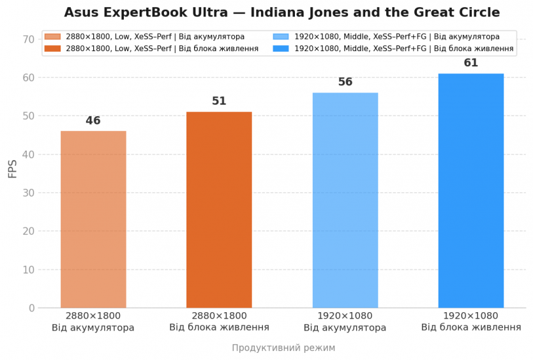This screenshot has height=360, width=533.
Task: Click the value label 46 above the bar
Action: point(93,121)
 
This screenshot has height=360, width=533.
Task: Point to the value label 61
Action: point(471,63)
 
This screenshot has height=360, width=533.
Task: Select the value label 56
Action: point(345,82)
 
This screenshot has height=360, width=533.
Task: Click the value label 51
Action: point(219,101)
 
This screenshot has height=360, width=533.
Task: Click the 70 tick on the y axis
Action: point(28,40)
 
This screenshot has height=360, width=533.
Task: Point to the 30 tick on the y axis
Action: point(28,193)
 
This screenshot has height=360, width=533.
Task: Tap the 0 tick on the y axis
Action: point(31,308)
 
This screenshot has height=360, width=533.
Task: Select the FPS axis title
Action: point(13,169)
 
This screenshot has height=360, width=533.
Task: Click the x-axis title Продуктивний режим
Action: point(283,348)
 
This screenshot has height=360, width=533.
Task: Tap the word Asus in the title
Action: point(82,13)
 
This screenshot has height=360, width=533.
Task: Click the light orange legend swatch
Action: point(52,37)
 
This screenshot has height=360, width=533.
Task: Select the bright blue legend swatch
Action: point(280,49)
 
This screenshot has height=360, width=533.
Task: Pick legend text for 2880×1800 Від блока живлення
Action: point(162,49)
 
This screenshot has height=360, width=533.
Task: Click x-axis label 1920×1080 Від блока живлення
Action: point(471,322)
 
